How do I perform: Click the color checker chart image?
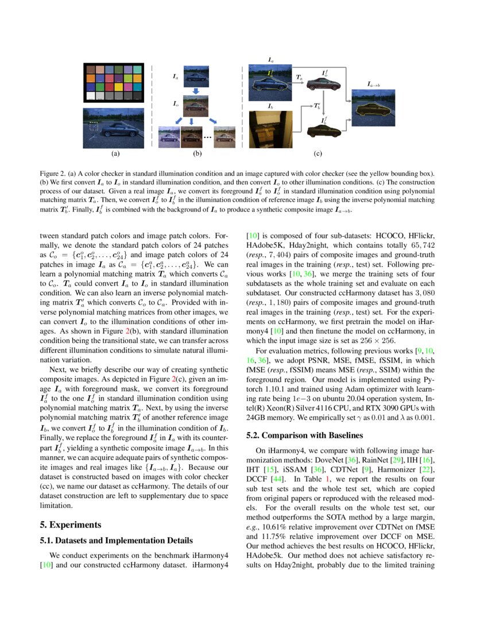(x=114, y=83)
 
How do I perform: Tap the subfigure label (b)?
(x=197, y=153)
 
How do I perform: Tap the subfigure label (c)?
(x=317, y=153)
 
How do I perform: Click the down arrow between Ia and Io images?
(x=195, y=91)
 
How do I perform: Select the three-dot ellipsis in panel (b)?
(x=207, y=138)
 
